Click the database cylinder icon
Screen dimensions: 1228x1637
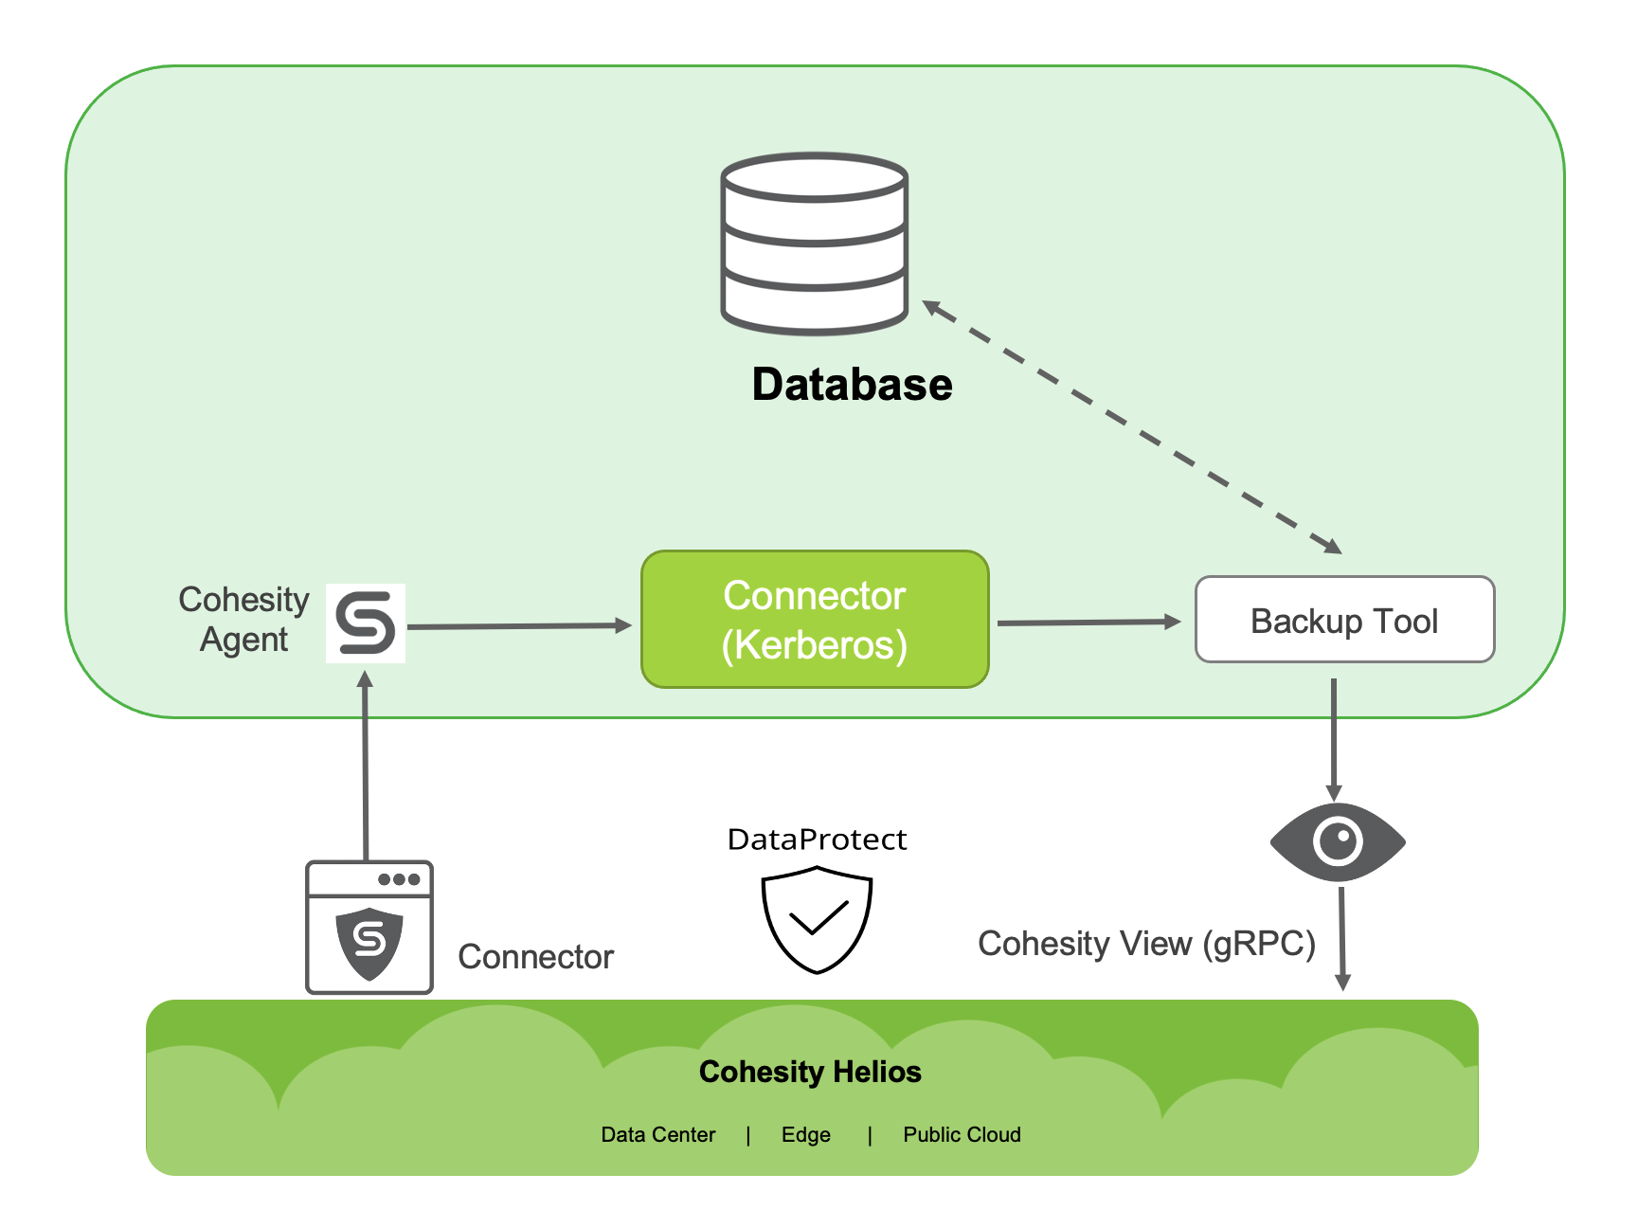[x=815, y=244]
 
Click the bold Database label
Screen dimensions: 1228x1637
[x=852, y=385]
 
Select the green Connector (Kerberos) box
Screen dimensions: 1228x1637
[x=815, y=620]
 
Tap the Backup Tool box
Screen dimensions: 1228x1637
[x=1344, y=620]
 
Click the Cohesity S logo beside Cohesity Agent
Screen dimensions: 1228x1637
[x=366, y=623]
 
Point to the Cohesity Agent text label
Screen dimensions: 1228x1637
[x=243, y=620]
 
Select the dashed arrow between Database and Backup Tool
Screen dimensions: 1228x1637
[x=1132, y=426]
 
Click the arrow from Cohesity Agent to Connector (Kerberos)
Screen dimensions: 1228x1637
[x=519, y=626]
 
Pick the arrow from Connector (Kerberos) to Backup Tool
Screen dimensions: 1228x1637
[x=1088, y=623]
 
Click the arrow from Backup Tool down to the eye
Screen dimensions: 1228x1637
[x=1334, y=739]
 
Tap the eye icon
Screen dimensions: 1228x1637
[x=1338, y=841]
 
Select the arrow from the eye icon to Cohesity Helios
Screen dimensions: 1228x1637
[x=1341, y=938]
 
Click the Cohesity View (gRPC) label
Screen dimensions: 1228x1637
[x=1146, y=944]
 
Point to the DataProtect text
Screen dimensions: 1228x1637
[x=817, y=840]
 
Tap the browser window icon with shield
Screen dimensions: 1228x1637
[x=369, y=927]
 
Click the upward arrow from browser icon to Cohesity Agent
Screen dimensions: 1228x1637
[x=366, y=767]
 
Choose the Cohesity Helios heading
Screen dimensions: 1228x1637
[x=810, y=1072]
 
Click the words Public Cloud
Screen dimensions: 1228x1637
[x=962, y=1134]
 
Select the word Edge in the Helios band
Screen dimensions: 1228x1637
[x=805, y=1134]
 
